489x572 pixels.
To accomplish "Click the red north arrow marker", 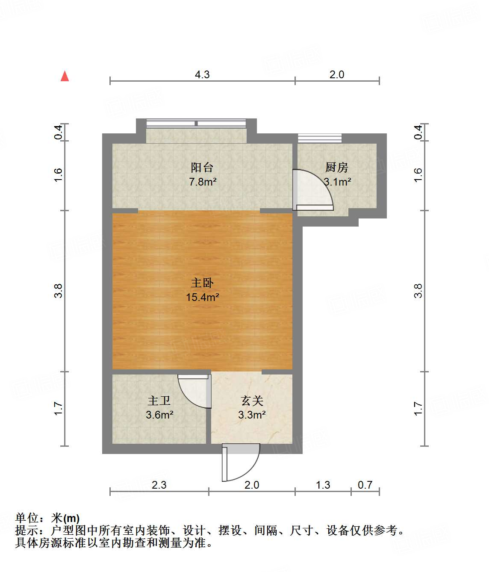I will point(65,76).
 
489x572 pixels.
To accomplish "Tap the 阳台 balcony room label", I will point(202,168).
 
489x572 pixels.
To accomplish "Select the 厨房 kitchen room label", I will point(336,167).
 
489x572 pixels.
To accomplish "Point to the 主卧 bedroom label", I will point(202,283).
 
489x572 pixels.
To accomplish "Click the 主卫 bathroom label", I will point(159,401).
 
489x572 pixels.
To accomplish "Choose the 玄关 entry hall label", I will point(252,401).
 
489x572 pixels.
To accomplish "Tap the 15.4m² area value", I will point(203,297).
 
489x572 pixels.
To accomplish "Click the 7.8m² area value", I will point(203,182).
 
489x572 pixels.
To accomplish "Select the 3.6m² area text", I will point(159,415).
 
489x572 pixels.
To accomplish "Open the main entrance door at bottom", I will point(241,462).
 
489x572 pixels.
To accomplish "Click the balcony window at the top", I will point(196,124).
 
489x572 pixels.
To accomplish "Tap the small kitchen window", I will point(320,138).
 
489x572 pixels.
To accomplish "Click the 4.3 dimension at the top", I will point(202,74).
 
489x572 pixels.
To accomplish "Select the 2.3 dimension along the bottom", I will point(159,485).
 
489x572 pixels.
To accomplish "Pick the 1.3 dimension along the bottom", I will point(323,485).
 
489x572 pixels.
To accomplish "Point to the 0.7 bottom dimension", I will point(365,485).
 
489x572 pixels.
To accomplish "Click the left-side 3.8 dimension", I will point(58,291).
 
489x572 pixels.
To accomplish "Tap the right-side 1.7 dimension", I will point(418,408).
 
